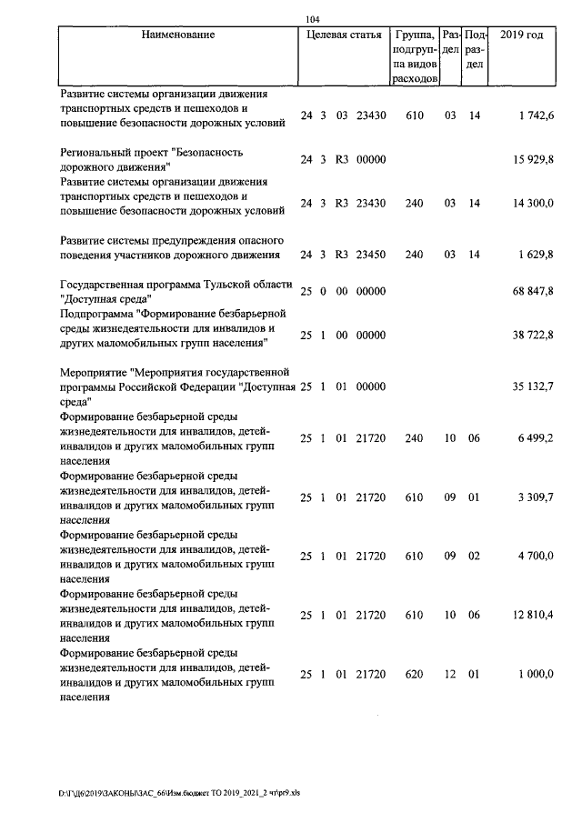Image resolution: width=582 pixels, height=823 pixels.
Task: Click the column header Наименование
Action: pyautogui.click(x=178, y=35)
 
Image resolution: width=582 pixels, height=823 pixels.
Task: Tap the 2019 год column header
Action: pyautogui.click(x=522, y=35)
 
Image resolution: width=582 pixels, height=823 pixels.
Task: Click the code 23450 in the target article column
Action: pyautogui.click(x=371, y=255)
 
